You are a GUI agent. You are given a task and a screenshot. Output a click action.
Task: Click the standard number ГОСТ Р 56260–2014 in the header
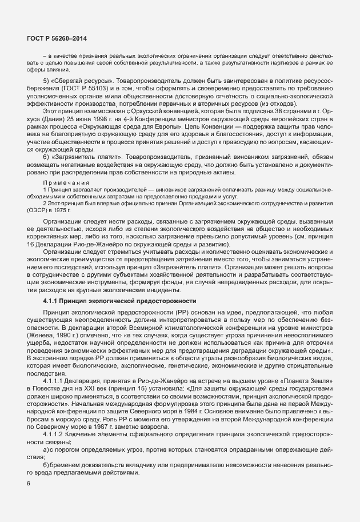[x=53, y=38]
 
